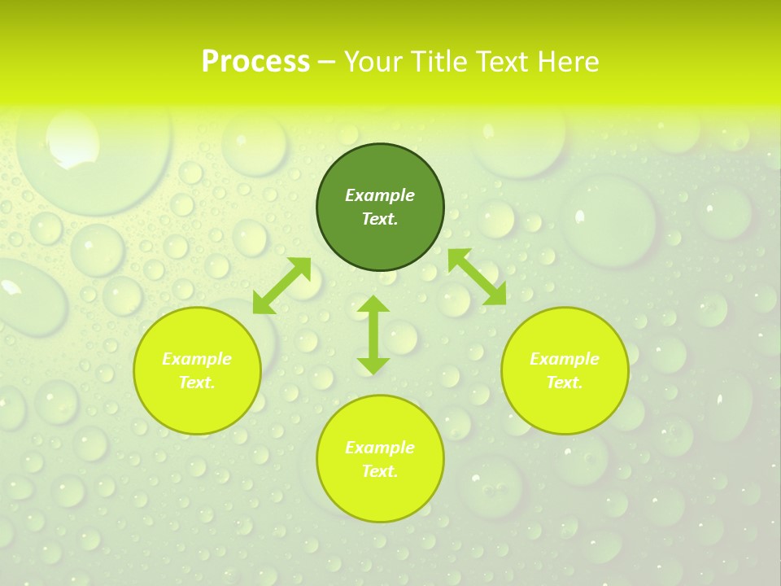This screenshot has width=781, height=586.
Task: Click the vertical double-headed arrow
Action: point(373,335)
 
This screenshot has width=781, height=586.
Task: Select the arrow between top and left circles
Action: point(281,286)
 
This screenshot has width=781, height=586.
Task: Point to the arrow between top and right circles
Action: point(478,277)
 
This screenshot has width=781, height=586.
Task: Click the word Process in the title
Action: point(255,62)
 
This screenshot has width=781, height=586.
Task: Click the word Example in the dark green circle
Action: point(380,195)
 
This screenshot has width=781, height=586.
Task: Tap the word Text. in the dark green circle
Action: point(380,219)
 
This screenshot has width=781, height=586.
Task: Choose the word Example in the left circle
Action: point(197,359)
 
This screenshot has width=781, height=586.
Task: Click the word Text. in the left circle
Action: point(197,383)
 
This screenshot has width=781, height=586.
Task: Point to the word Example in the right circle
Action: point(565,359)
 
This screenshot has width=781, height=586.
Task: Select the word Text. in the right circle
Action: point(565,383)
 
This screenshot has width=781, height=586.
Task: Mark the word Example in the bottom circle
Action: point(380,448)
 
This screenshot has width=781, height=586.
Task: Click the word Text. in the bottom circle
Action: point(380,471)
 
